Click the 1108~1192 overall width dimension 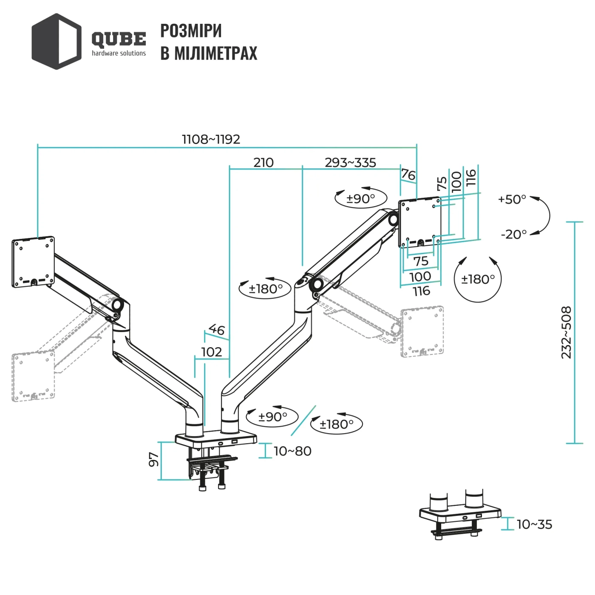211,139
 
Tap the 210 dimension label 263,162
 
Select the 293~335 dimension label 350,162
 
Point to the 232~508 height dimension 567,332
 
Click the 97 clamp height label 153,459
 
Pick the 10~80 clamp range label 292,451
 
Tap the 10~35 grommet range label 534,524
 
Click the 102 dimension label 212,352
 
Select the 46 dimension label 216,329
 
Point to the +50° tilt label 512,199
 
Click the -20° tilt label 513,234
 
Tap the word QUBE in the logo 119,40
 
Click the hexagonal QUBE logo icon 57,41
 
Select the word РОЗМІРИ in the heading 191,31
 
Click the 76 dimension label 408,175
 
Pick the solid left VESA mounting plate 33,262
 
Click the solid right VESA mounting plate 419,222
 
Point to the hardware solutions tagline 119,53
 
